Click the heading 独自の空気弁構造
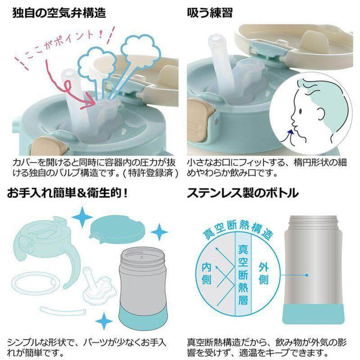point(59,13)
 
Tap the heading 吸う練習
point(210,13)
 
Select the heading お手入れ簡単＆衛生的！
point(67,193)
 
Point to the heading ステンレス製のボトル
point(242,193)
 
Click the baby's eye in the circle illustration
point(301,111)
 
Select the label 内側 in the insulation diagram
point(206,274)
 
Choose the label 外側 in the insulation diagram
point(263,274)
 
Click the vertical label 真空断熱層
point(242,275)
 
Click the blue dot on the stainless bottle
point(307,275)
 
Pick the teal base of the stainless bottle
point(313,314)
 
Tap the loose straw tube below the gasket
point(62,311)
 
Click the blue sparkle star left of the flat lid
point(82,217)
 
